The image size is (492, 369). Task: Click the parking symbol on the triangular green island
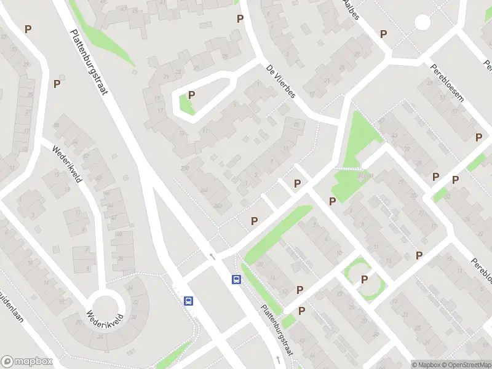tap(191, 95)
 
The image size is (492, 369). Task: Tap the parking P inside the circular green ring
tap(364, 279)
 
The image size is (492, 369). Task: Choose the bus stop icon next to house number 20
tap(236, 279)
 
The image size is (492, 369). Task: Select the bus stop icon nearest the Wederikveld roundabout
tap(188, 301)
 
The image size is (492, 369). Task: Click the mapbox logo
tap(25, 361)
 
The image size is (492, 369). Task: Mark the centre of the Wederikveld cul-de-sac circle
tap(106, 306)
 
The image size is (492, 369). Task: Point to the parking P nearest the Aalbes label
tap(383, 34)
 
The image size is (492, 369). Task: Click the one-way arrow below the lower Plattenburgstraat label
tap(277, 359)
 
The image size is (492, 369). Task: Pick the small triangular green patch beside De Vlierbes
tap(185, 104)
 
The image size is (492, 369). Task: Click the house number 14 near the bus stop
tap(272, 278)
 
